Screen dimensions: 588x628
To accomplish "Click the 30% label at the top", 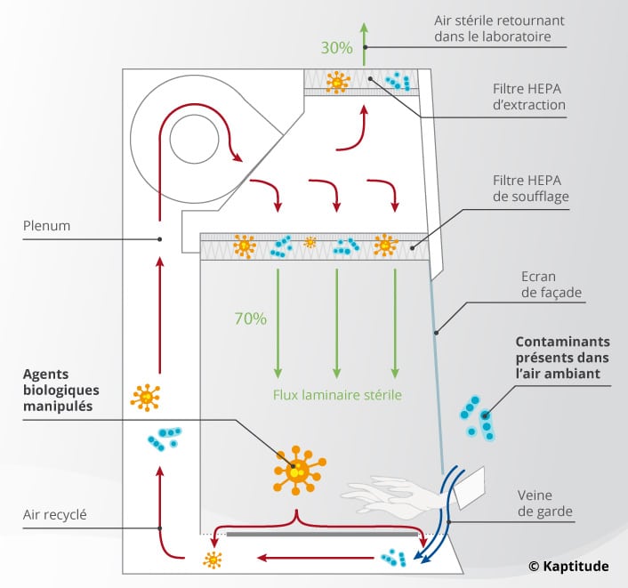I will pos(337,48).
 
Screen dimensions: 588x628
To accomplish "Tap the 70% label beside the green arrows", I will pos(250,318).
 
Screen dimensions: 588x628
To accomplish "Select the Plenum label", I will pos(47,226).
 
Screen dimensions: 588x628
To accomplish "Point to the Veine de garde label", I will pos(545,503).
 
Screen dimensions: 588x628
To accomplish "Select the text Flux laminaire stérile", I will pos(337,394).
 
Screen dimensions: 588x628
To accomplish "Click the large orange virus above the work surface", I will pos(299,467).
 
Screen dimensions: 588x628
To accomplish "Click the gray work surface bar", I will pos(323,536).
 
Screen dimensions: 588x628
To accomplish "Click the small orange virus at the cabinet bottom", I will pos(212,560).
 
